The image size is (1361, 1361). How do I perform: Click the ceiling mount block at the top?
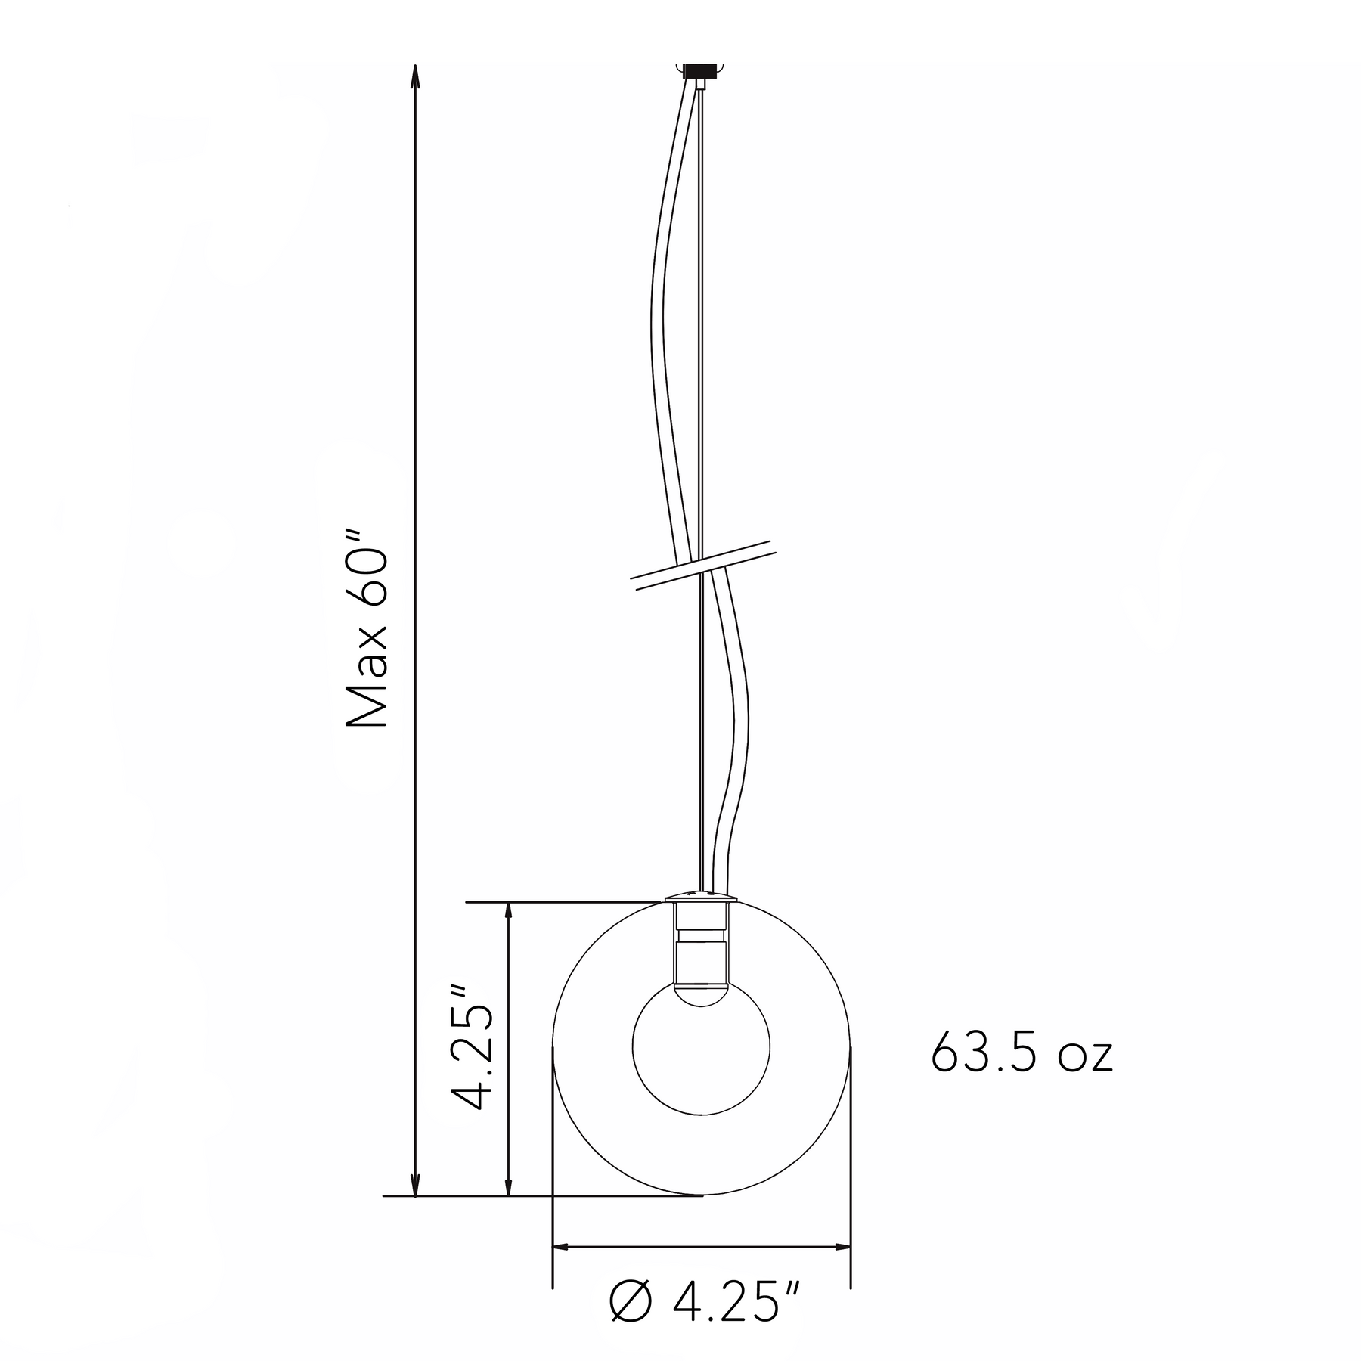pyautogui.click(x=701, y=72)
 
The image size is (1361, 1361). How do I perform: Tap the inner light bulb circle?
pyautogui.click(x=701, y=1046)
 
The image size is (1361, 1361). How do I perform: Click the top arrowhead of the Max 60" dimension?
pyautogui.click(x=414, y=79)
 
